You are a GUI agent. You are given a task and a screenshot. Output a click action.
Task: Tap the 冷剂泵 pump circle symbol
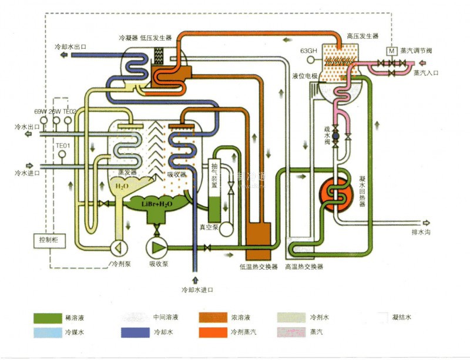117,247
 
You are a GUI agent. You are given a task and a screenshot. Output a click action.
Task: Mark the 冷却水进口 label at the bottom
197,290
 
